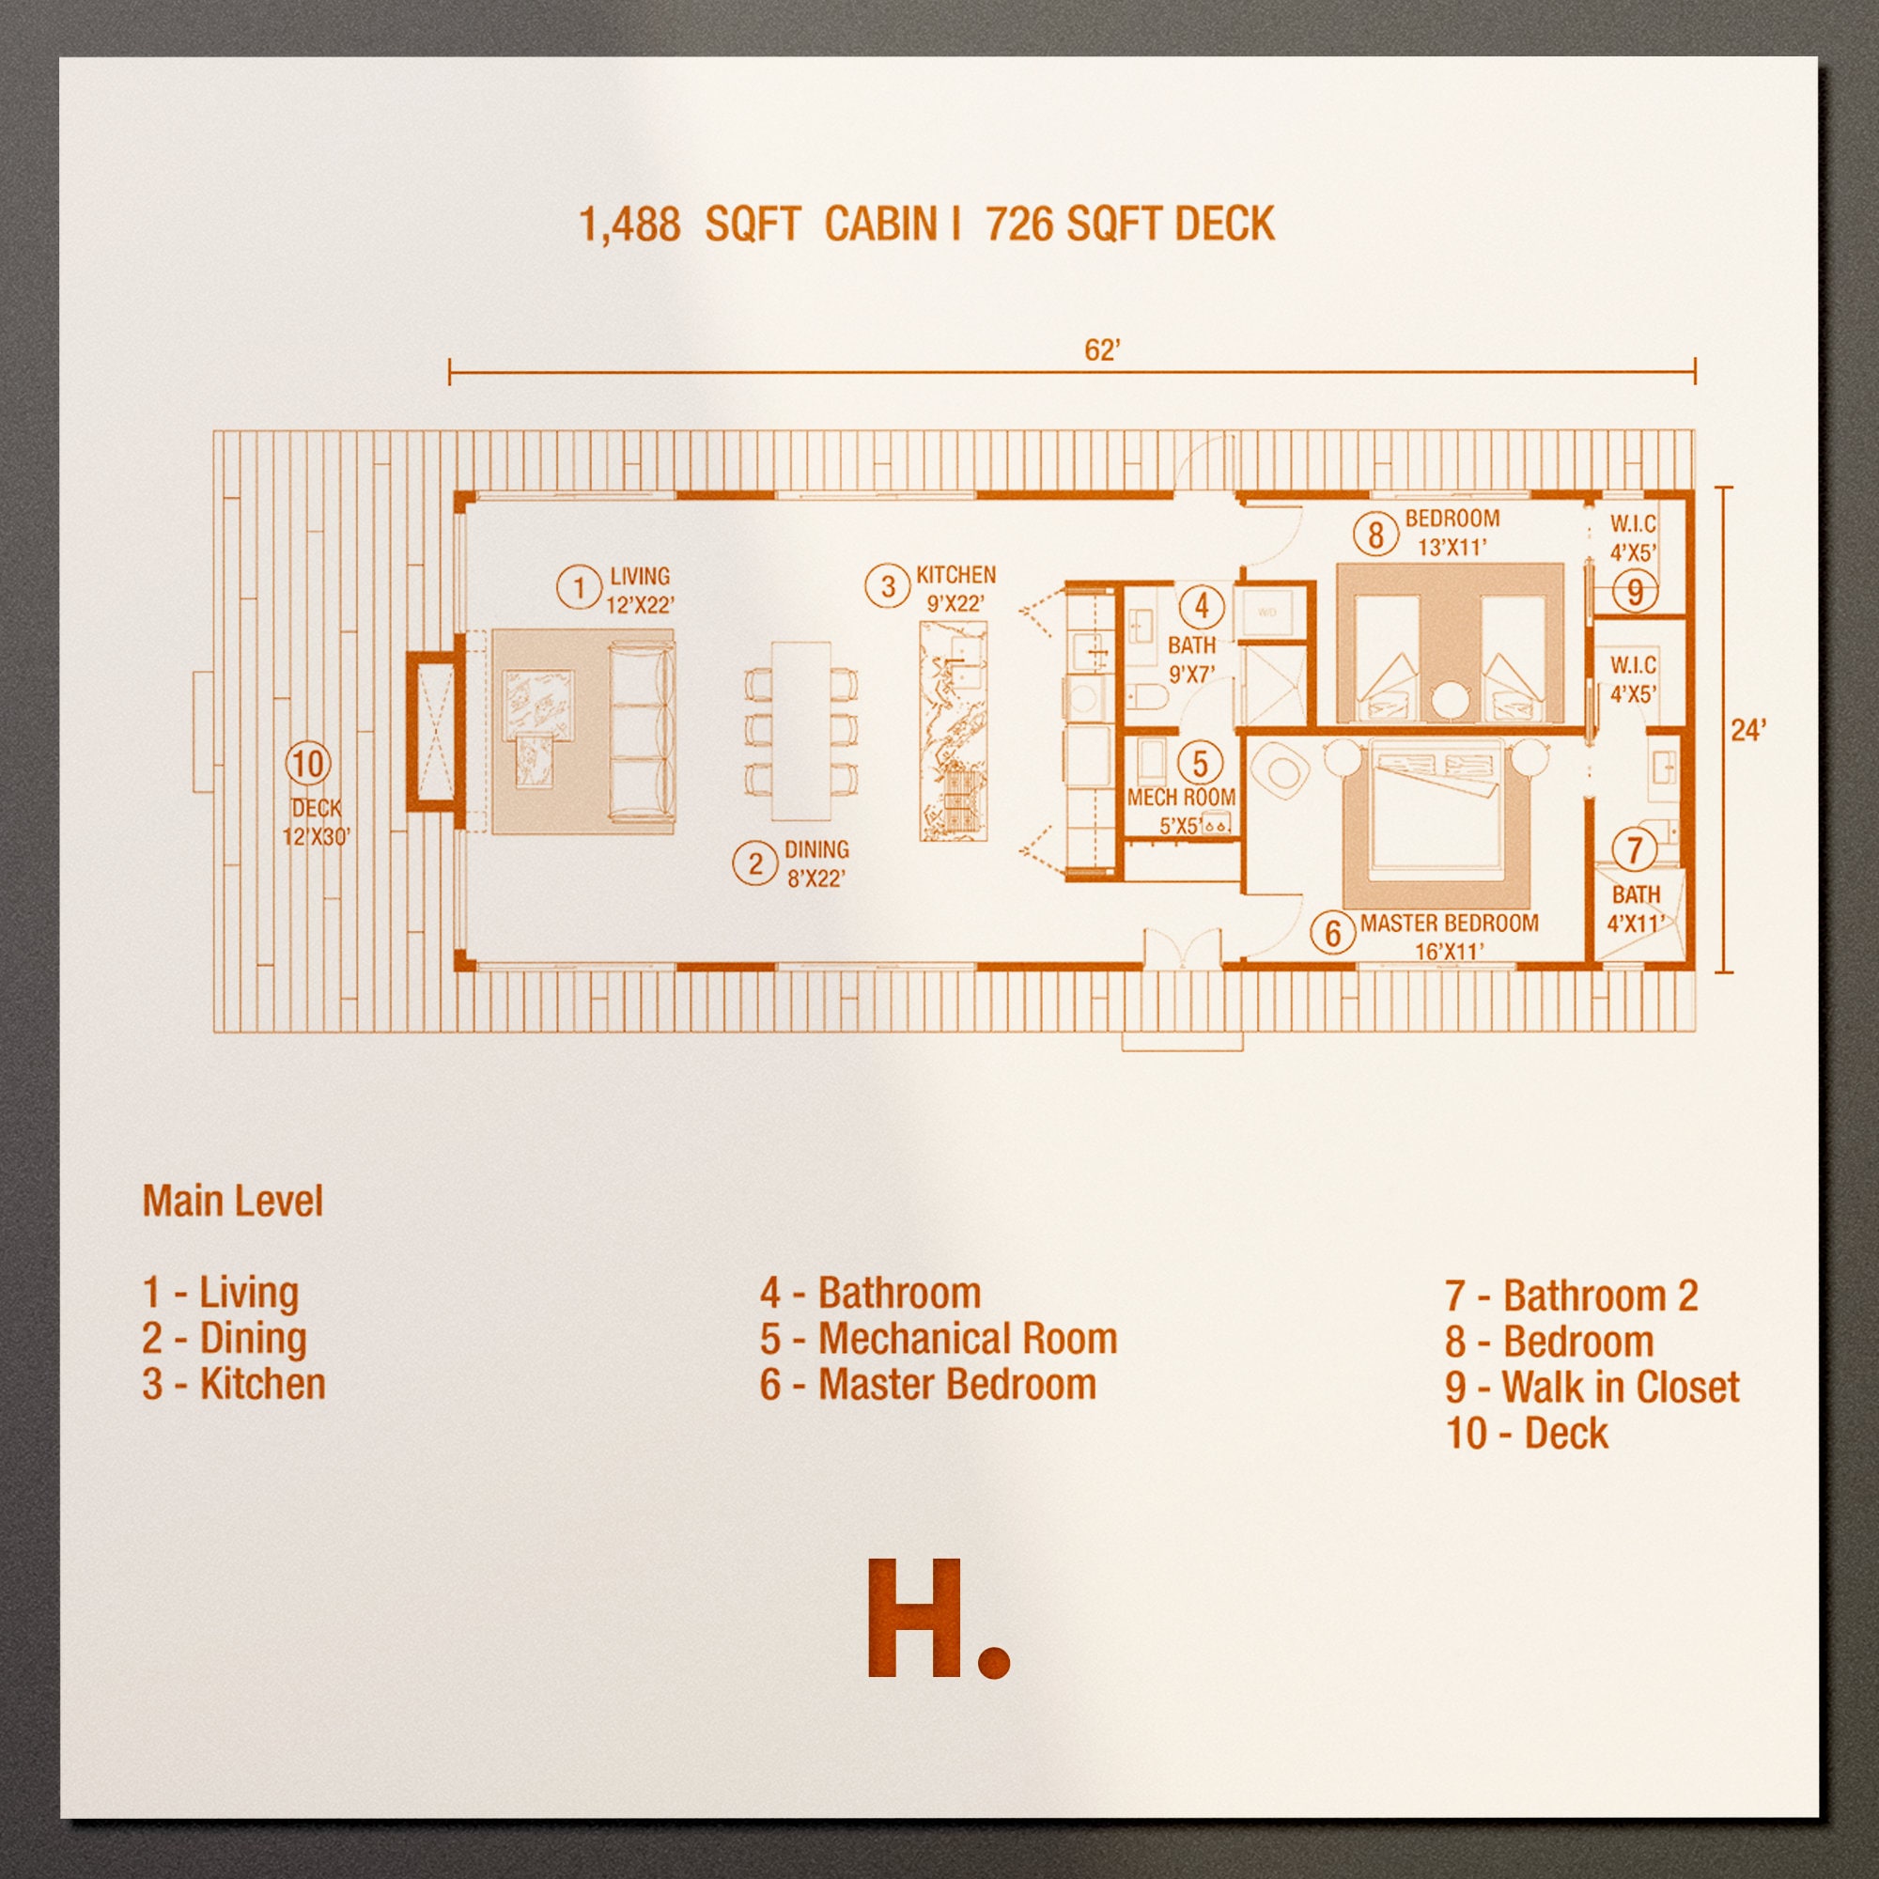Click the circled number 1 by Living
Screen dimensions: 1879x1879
coord(580,587)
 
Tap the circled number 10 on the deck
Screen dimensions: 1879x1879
coord(307,764)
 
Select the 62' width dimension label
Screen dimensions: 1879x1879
coord(1102,350)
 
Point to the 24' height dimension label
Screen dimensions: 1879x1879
coord(1747,729)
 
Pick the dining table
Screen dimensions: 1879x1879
coord(801,730)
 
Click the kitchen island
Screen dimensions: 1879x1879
coord(953,730)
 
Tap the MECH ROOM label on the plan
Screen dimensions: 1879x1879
coord(1181,798)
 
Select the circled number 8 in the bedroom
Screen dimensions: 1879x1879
coord(1375,534)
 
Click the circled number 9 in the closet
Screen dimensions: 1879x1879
coord(1635,590)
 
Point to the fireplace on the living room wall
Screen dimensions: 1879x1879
coord(431,730)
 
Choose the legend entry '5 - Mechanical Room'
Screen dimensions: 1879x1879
coord(939,1339)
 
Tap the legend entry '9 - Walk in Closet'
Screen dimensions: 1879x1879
coord(1592,1388)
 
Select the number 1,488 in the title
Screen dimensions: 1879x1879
coord(629,225)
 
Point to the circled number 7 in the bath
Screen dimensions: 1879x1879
coord(1634,851)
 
